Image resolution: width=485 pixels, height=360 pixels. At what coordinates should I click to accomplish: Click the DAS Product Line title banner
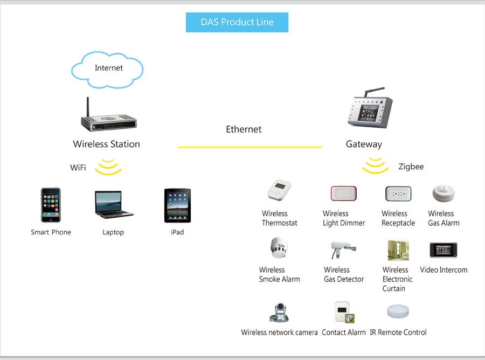pyautogui.click(x=237, y=22)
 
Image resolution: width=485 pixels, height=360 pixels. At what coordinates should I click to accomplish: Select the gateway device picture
pyautogui.click(x=370, y=108)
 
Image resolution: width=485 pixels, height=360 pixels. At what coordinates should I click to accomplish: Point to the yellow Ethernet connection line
pyautogui.click(x=250, y=147)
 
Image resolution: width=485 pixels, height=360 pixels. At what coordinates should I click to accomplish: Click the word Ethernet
pyautogui.click(x=244, y=129)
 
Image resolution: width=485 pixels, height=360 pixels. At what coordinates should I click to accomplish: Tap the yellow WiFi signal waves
pyautogui.click(x=108, y=167)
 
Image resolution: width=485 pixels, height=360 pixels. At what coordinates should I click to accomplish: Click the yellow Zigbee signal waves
pyautogui.click(x=375, y=165)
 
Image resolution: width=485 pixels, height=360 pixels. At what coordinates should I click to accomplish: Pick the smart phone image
pyautogui.click(x=51, y=205)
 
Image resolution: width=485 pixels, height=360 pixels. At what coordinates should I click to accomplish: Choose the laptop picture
pyautogui.click(x=114, y=205)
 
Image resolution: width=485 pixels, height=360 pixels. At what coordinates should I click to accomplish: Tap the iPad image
pyautogui.click(x=177, y=205)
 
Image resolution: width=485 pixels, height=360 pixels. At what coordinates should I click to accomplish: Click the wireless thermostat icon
pyautogui.click(x=279, y=190)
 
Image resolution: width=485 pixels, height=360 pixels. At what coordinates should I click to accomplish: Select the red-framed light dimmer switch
pyautogui.click(x=344, y=193)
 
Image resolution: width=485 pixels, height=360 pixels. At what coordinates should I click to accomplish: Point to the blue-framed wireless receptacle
pyautogui.click(x=398, y=193)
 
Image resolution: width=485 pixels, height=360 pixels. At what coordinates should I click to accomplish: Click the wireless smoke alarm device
pyautogui.click(x=279, y=248)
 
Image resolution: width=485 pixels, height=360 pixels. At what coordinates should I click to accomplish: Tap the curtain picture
pyautogui.click(x=398, y=250)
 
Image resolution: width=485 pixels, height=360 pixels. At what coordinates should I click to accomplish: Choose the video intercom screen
pyautogui.click(x=444, y=250)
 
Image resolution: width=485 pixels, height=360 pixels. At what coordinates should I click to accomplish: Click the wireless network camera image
pyautogui.click(x=279, y=313)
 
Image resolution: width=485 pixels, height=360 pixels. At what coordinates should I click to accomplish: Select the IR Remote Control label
pyautogui.click(x=398, y=333)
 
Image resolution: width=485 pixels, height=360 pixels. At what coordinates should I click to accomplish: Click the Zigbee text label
pyautogui.click(x=411, y=167)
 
